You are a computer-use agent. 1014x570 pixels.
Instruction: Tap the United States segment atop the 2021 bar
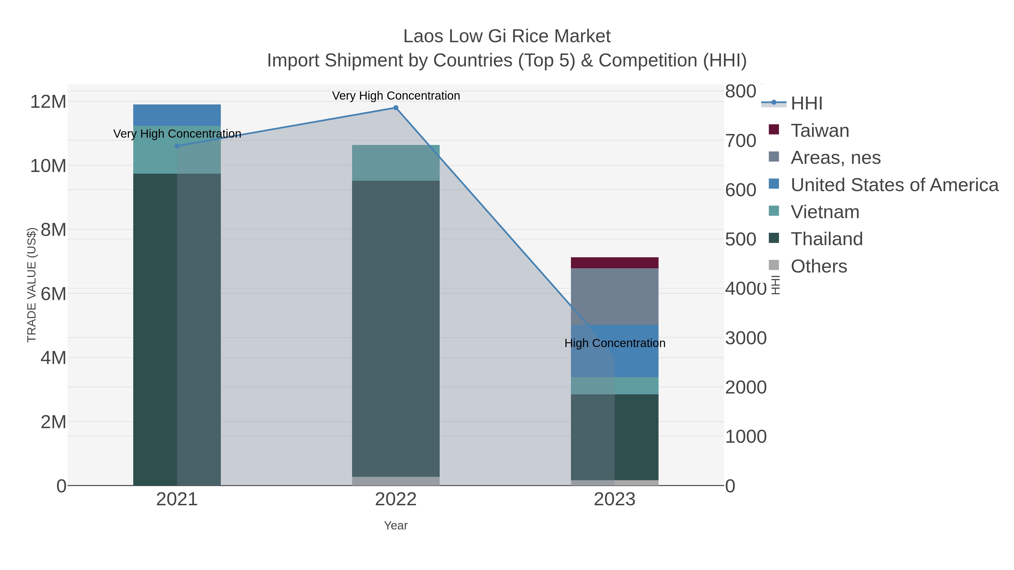click(x=177, y=115)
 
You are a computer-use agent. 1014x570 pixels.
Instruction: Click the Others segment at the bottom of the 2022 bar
click(x=396, y=481)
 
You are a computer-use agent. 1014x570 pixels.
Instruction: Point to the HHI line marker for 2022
click(x=396, y=108)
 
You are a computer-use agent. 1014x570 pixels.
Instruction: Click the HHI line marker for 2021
click(x=177, y=146)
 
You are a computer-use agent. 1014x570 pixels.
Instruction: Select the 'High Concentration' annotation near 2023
click(x=615, y=343)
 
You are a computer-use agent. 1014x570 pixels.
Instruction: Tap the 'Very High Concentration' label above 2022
click(x=396, y=96)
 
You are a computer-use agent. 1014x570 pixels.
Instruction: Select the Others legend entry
click(x=819, y=266)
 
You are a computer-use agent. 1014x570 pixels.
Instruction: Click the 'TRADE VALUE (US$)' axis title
click(x=32, y=285)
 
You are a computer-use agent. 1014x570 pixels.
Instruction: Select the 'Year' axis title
click(x=396, y=526)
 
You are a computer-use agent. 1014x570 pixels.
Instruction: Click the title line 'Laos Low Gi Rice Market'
click(x=507, y=36)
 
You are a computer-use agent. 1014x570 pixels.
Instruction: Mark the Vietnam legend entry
click(x=825, y=212)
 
